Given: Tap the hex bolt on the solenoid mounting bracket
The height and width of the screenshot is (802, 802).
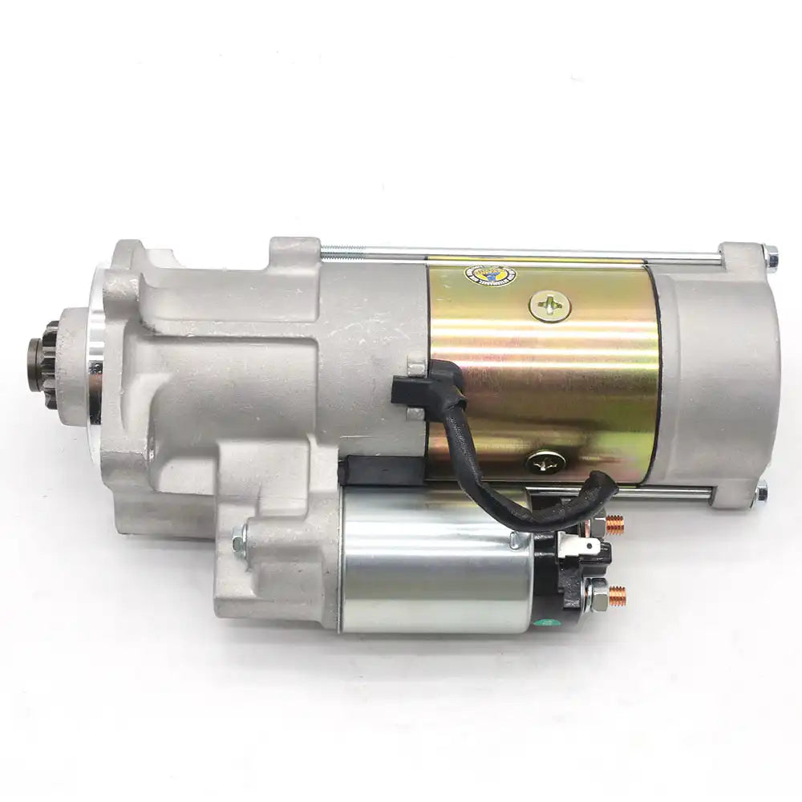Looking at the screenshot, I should [x=238, y=543].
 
